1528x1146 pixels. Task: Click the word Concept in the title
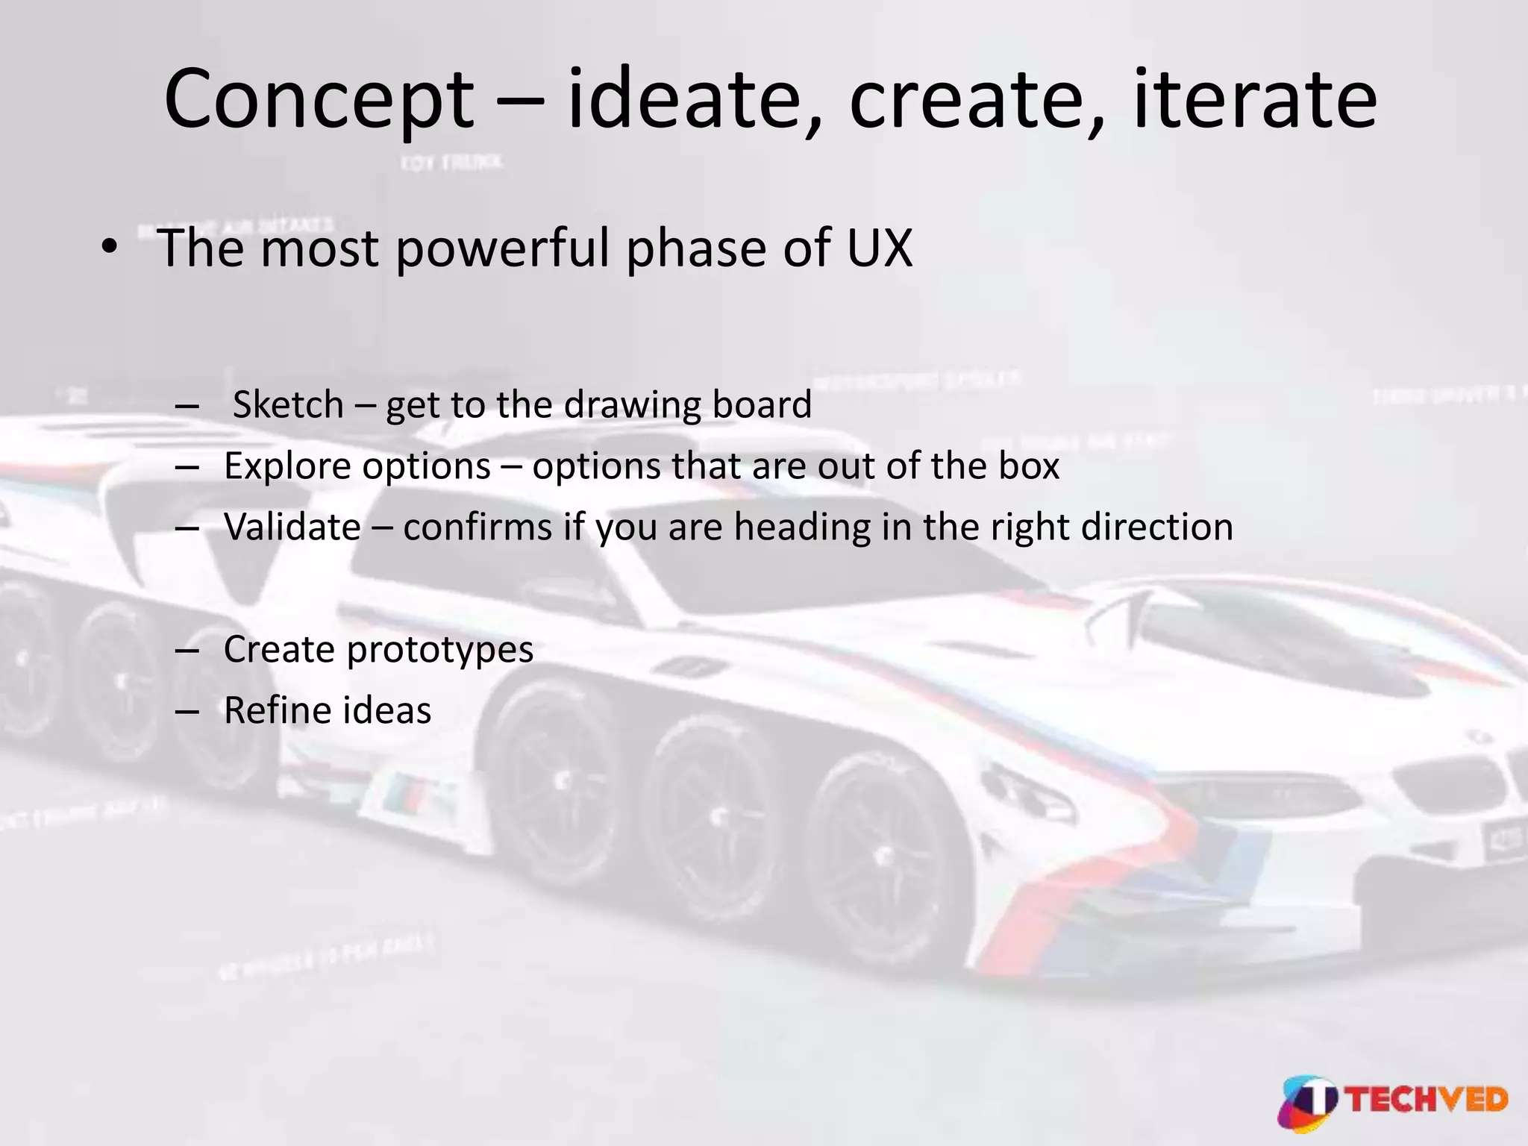tap(319, 101)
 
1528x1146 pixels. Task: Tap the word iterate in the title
tap(1254, 99)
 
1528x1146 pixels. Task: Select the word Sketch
tap(288, 405)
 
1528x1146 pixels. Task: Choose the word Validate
tap(292, 527)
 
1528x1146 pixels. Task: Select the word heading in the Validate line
tap(802, 527)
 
